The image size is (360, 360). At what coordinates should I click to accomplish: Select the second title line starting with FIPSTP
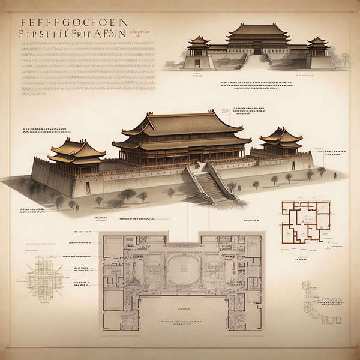[73, 34]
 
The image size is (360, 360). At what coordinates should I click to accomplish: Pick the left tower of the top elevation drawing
[199, 43]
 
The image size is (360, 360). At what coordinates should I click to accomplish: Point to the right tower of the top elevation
[318, 44]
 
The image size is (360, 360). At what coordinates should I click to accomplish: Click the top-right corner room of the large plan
[252, 246]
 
